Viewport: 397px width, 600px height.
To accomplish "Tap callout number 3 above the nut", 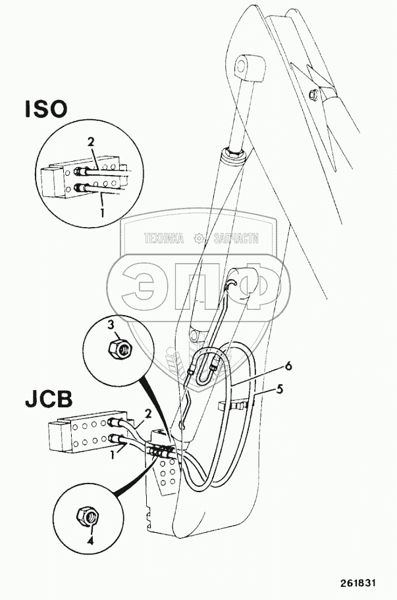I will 112,325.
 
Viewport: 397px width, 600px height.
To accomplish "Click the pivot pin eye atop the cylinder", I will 246,66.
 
